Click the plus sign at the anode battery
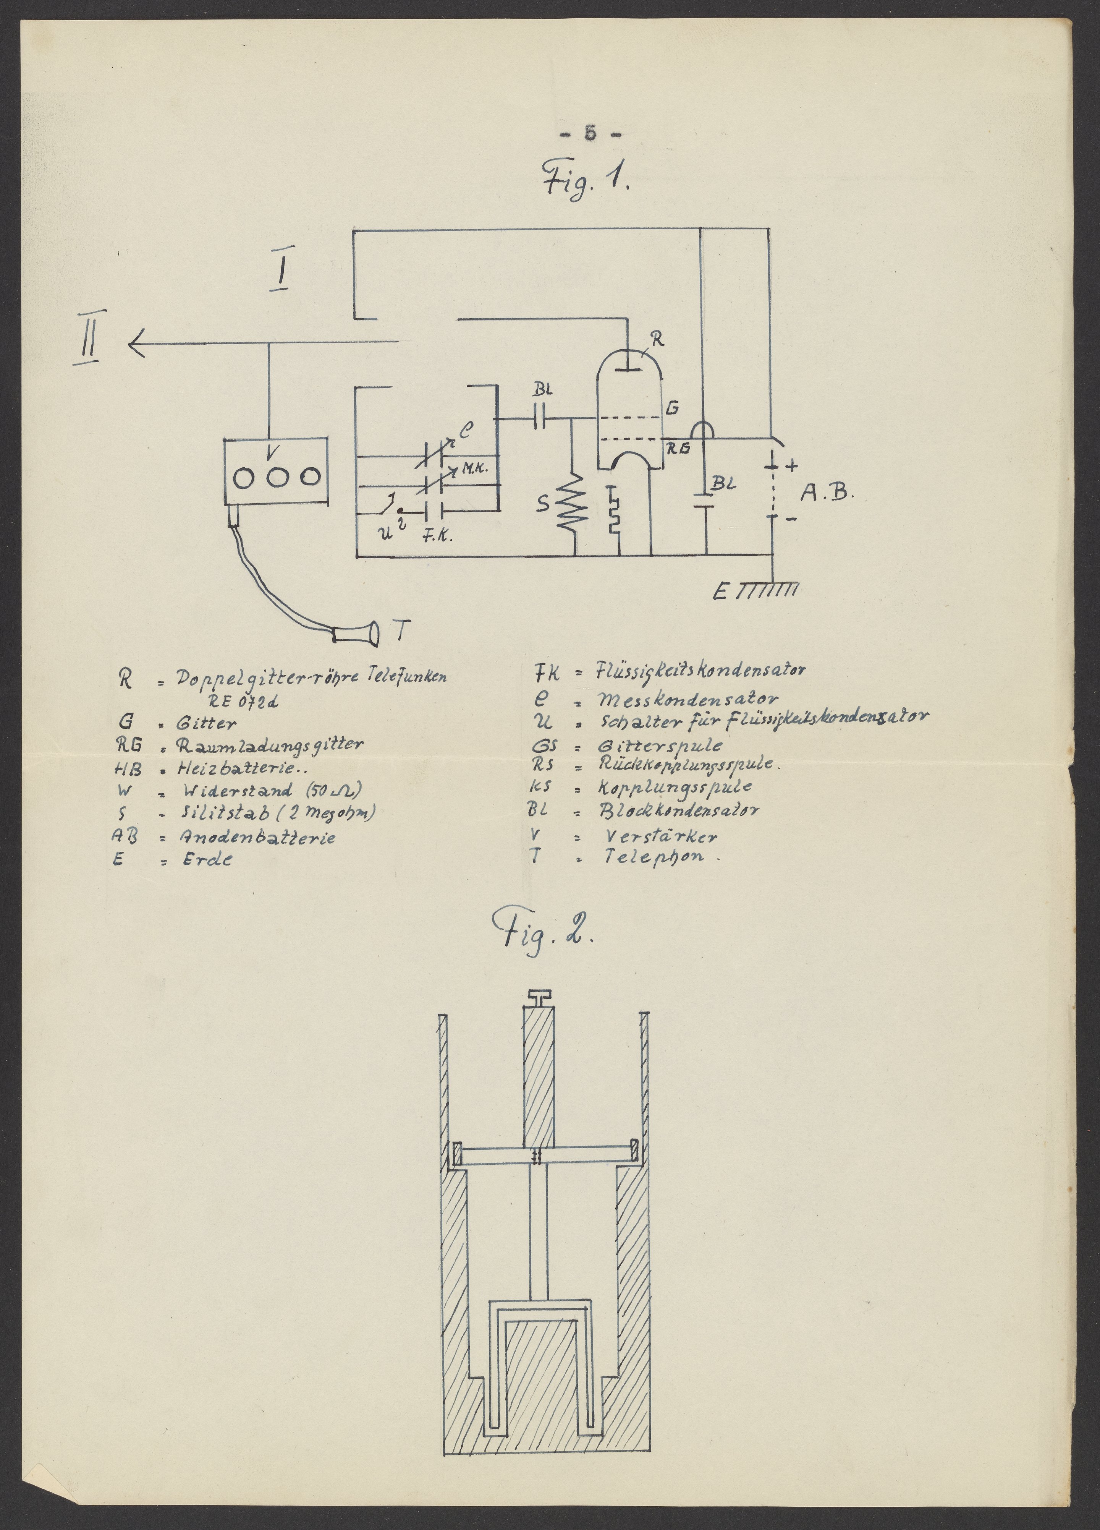791,465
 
